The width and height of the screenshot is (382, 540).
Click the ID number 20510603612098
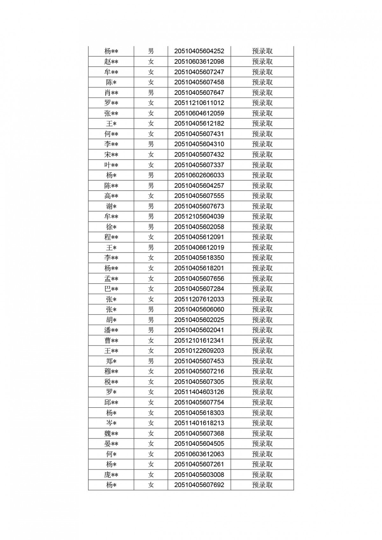199,61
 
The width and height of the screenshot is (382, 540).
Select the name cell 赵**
111,61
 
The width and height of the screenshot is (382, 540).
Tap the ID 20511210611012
199,103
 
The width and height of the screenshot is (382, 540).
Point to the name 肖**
111,93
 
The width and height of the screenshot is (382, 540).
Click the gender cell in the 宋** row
151,155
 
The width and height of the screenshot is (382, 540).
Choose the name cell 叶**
111,165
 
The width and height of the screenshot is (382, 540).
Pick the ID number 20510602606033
199,175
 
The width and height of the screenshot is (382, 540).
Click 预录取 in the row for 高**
262,196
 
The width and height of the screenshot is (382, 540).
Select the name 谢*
111,206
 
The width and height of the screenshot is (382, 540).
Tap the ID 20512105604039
199,216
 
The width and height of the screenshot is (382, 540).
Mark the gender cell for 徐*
151,227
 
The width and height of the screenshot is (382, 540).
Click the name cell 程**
111,237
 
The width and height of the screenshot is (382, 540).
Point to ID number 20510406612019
199,247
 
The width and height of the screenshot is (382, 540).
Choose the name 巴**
111,289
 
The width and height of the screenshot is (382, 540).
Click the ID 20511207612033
199,299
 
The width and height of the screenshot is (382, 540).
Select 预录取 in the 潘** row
262,330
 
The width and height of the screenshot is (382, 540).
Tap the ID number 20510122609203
199,351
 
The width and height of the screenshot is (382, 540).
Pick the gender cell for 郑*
151,361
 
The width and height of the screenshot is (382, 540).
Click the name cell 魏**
111,433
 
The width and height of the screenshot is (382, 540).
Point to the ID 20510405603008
199,474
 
